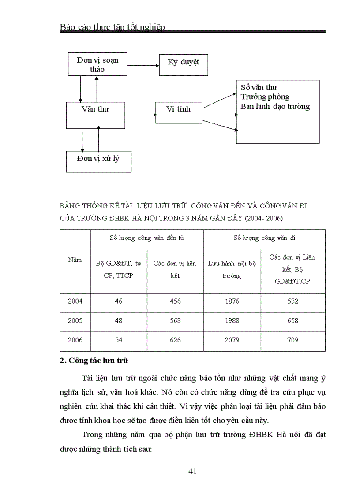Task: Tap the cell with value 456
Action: [175, 301]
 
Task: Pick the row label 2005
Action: [75, 320]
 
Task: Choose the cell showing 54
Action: [118, 340]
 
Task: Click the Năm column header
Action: [75, 260]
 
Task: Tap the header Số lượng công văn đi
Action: [264, 238]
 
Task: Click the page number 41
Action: [192, 471]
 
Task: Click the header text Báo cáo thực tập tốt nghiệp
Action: [112, 27]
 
